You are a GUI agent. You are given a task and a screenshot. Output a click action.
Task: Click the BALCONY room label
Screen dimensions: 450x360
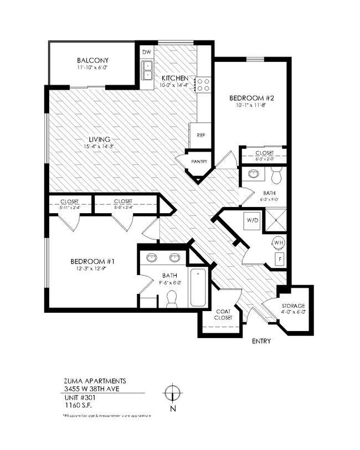pos(92,60)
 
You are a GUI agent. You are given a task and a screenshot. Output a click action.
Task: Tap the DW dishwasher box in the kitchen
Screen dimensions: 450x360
pos(147,53)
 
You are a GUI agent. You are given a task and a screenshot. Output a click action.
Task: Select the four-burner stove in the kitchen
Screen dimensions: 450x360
pos(203,84)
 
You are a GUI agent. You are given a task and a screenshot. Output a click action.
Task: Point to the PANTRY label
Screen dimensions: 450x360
pos(199,162)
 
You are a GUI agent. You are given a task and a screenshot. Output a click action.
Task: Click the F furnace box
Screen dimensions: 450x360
pos(280,258)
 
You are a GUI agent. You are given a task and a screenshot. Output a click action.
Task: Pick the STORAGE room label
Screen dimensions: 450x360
pos(293,306)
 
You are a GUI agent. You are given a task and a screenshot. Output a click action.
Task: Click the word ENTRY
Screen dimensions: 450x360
pos(261,342)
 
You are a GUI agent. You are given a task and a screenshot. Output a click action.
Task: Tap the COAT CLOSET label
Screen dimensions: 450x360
pos(222,315)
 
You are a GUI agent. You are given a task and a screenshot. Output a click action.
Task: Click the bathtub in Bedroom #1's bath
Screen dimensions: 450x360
pos(199,287)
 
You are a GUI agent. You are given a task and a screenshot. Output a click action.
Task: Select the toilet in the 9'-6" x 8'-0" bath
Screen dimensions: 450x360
pos(171,298)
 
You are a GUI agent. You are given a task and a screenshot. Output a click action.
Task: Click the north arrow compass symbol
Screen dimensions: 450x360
pos(173,393)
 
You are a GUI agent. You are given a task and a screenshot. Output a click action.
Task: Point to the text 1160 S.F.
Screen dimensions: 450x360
pos(76,405)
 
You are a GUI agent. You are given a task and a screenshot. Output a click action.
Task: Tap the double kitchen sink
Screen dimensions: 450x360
pos(147,71)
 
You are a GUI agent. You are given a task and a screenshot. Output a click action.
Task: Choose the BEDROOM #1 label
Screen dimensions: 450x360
pos(92,261)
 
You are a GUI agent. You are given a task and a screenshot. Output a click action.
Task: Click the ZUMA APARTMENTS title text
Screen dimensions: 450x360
pos(95,381)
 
